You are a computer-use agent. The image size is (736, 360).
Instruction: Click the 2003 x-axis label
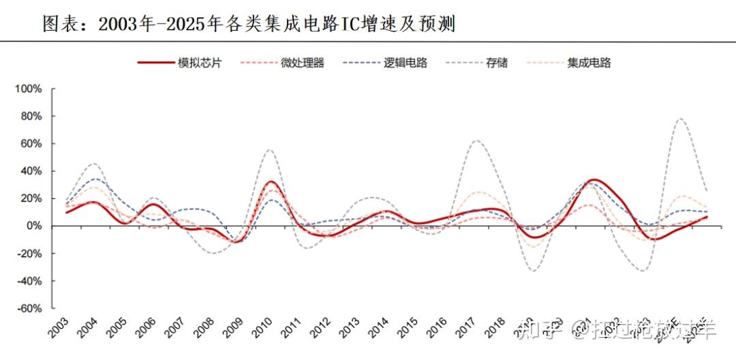59,329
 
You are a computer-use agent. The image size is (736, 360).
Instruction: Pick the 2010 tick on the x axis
263,329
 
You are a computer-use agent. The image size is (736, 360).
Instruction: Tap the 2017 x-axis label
467,329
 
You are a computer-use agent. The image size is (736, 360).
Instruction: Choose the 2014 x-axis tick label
380,329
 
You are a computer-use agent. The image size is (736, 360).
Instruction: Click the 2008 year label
205,329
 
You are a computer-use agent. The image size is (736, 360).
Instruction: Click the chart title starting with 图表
249,25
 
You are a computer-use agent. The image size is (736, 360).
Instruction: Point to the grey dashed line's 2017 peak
476,140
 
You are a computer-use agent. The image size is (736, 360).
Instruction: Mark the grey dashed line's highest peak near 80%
679,119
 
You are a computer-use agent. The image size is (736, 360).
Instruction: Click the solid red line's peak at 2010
271,181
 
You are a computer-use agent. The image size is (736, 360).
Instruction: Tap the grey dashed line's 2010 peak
270,149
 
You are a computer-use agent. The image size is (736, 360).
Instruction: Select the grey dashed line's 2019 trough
534,271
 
